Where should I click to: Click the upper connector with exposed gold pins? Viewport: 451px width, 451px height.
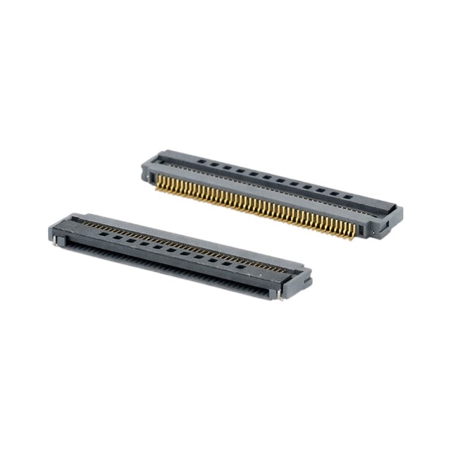[271, 190]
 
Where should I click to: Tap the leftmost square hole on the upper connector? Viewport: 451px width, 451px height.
[201, 161]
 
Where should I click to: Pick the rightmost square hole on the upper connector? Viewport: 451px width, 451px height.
[347, 195]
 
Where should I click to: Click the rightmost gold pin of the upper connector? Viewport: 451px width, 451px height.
[350, 236]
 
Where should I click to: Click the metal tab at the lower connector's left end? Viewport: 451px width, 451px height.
[56, 242]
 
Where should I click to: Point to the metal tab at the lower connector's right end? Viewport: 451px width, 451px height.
[280, 295]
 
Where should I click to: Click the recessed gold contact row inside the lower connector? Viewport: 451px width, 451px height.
[176, 240]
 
